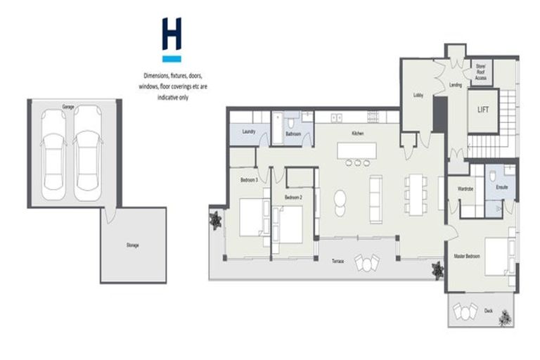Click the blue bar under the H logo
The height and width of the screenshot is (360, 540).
tap(172, 59)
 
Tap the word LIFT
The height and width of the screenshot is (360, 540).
tap(483, 110)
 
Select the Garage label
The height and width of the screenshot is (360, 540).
tap(68, 107)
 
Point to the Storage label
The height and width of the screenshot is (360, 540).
tap(133, 245)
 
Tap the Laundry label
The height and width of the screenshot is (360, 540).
tap(247, 131)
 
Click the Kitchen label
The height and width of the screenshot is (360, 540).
tap(356, 133)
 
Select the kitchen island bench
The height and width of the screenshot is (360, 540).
tap(356, 150)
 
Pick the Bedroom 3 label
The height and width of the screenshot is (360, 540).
tap(249, 180)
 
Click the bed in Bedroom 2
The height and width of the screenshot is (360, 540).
tap(288, 223)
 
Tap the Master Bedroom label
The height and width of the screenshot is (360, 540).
tap(467, 256)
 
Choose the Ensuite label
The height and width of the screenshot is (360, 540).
tap(502, 188)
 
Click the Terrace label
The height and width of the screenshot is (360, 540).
tap(337, 262)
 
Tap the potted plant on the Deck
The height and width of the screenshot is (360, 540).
tap(504, 319)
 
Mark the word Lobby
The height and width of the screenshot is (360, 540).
tap(418, 95)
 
